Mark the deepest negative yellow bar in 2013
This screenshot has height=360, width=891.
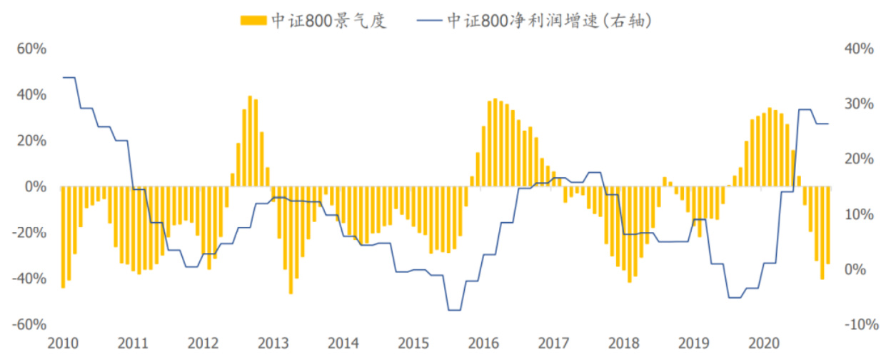click(x=291, y=240)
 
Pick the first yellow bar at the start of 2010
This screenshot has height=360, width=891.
click(x=63, y=237)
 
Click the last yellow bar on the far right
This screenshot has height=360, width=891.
click(x=828, y=226)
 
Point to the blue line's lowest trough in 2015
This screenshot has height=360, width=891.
click(x=454, y=310)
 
